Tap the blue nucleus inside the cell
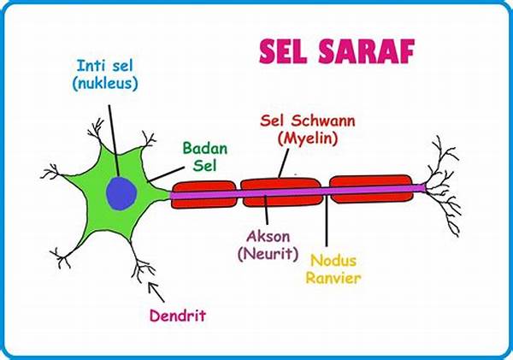(x=121, y=193)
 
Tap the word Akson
(x=267, y=235)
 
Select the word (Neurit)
(x=268, y=254)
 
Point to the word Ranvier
(x=335, y=279)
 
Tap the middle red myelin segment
(x=281, y=194)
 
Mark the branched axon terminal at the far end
(x=445, y=184)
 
